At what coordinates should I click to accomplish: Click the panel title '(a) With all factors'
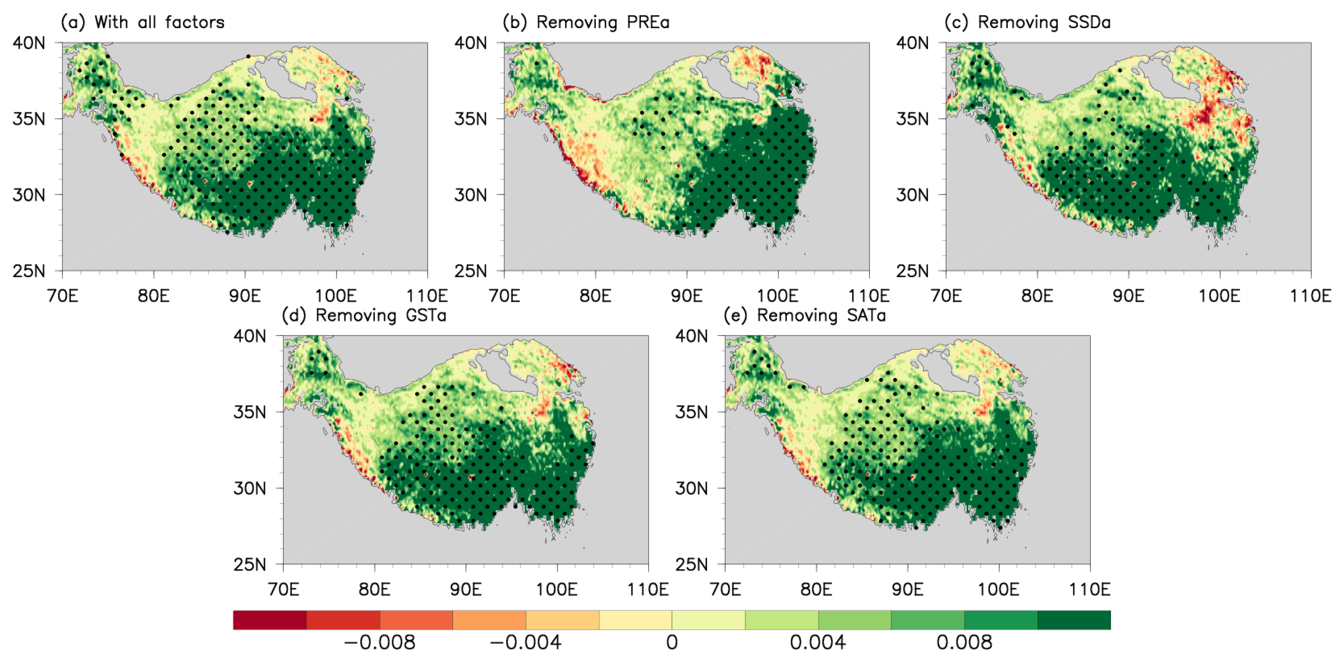[143, 22]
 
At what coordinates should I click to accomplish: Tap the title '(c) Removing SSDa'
[1028, 22]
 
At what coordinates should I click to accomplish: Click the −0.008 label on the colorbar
[380, 643]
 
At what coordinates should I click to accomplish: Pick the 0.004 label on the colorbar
[818, 643]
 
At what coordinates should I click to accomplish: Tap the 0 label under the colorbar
[672, 643]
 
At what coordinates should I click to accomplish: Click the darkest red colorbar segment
[270, 620]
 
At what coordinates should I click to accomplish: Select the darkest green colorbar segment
[1074, 620]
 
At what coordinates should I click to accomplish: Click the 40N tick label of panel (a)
[29, 43]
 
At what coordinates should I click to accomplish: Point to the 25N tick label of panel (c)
[912, 271]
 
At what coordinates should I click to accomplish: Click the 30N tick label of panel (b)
[470, 195]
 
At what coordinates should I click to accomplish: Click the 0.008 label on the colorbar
[964, 643]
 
